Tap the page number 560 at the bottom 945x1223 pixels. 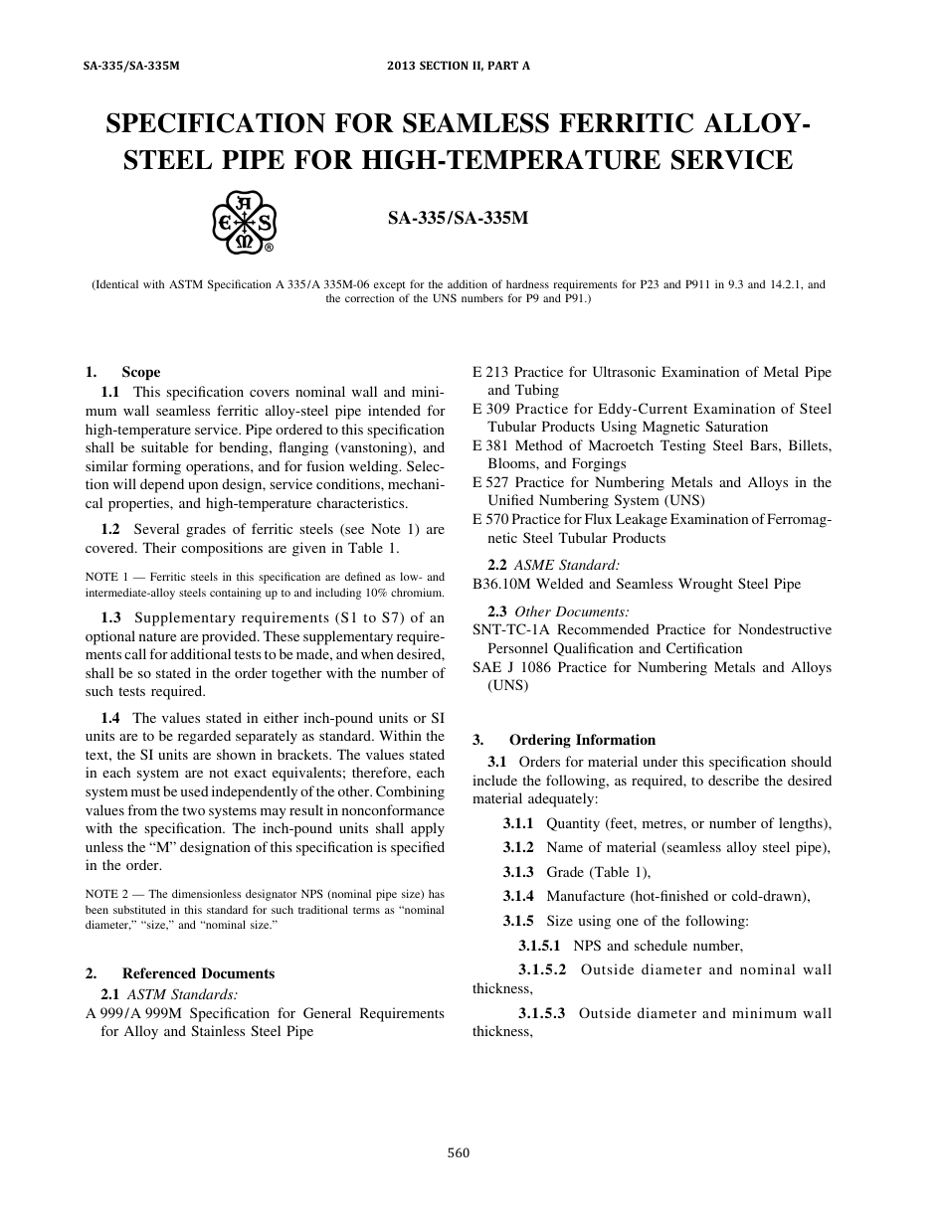(459, 1153)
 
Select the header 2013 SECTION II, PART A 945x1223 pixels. (459, 66)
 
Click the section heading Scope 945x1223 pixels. (140, 372)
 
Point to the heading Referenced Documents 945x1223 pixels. (198, 973)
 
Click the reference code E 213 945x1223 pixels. (490, 372)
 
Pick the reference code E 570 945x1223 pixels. (490, 519)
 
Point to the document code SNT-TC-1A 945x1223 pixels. (506, 629)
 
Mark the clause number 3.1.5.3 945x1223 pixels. (541, 1013)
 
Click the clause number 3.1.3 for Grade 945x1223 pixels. (517, 872)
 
